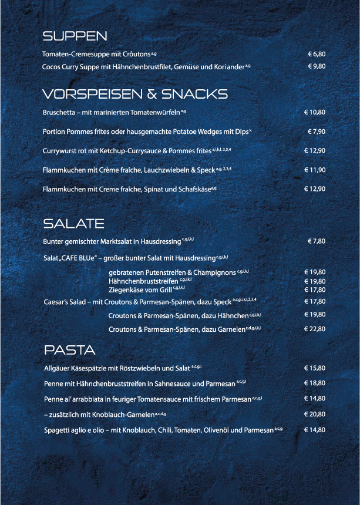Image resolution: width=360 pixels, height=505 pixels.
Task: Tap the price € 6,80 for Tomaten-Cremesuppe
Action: (x=316, y=54)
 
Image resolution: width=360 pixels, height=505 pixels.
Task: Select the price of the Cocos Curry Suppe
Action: (x=316, y=67)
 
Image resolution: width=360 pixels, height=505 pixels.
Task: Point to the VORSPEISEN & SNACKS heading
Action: (x=134, y=94)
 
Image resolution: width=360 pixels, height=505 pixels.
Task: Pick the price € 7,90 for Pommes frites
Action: (x=316, y=132)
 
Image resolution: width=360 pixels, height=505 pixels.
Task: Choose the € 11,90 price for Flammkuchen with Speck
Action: (x=314, y=170)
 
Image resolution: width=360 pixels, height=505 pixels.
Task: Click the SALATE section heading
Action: (x=73, y=224)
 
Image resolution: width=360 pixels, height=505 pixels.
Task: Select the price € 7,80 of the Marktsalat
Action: (x=316, y=241)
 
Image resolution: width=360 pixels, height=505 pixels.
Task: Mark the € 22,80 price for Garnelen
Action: (x=314, y=329)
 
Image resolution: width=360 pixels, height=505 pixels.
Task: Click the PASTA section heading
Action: (x=69, y=351)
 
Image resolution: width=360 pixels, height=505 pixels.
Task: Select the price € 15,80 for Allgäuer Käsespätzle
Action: (x=314, y=369)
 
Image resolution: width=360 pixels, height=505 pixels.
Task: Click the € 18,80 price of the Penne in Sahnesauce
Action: (x=314, y=383)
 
